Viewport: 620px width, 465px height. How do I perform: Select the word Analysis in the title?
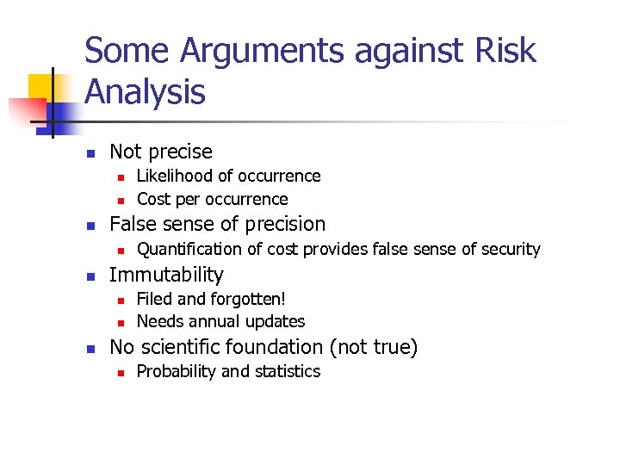[x=146, y=91]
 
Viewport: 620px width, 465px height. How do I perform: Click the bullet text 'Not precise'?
[x=161, y=152]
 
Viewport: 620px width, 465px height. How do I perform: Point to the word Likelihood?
[x=175, y=176]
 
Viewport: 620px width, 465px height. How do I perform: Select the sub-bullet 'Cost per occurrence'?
[x=213, y=200]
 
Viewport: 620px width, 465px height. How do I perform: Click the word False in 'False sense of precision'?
[x=134, y=225]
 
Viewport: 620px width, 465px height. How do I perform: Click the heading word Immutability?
[x=167, y=275]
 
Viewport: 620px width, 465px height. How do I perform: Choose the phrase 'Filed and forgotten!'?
[x=211, y=299]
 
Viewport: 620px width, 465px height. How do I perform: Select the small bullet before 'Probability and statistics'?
[x=121, y=372]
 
